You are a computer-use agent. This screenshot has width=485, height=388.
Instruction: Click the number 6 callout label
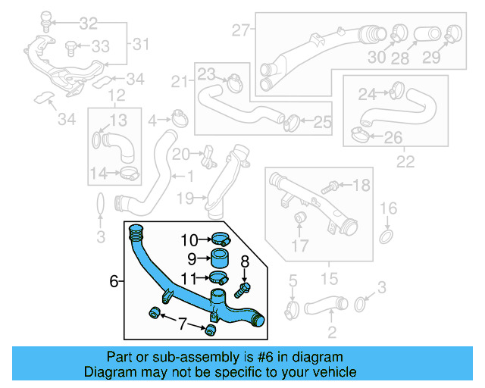[x=114, y=282]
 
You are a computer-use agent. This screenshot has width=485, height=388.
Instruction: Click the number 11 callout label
[x=189, y=277]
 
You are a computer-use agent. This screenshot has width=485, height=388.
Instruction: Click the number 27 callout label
[x=241, y=31]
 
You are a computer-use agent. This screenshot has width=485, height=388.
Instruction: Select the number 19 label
[x=186, y=199]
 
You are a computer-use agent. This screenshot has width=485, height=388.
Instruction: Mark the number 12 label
[x=115, y=95]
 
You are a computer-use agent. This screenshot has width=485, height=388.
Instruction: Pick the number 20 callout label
[x=180, y=155]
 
